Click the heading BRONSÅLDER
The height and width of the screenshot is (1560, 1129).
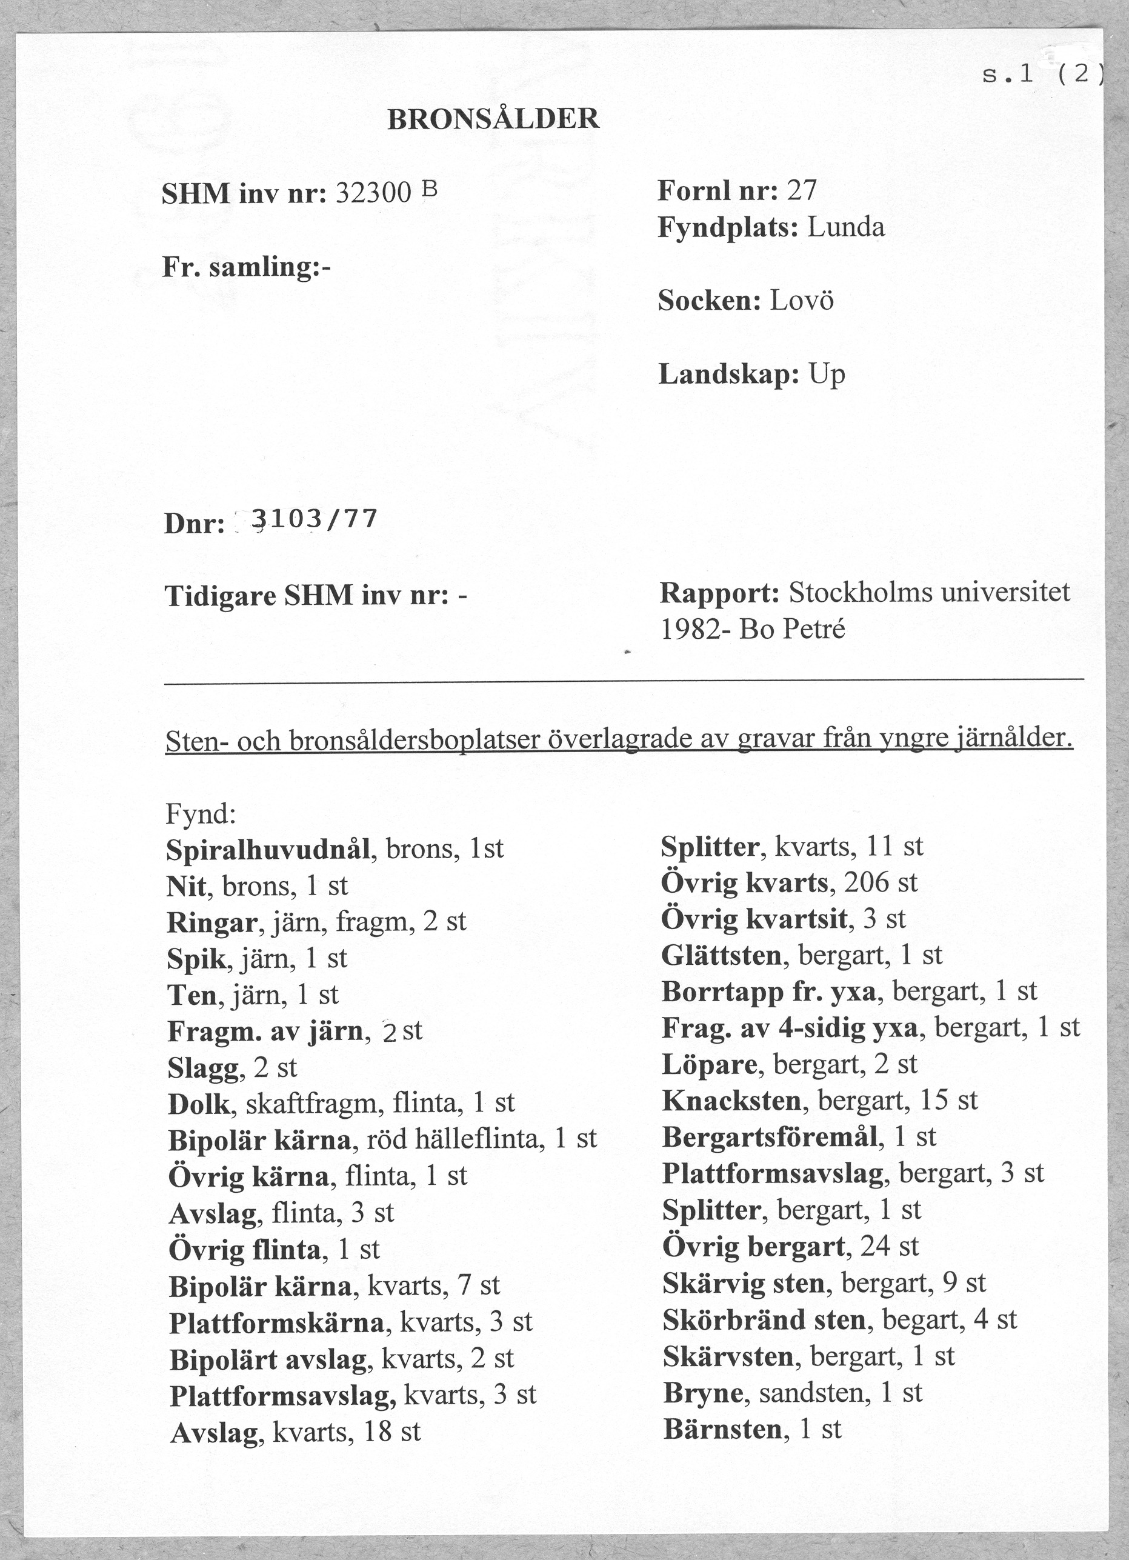(493, 119)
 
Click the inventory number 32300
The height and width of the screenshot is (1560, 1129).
(373, 194)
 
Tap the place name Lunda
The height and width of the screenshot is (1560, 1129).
(846, 228)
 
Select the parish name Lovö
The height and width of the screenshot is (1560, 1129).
(801, 301)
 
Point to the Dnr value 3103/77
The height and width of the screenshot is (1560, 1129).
(315, 520)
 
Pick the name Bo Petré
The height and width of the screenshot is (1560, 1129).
(792, 628)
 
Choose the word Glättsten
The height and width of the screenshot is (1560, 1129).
(721, 955)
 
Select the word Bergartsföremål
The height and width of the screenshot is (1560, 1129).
(770, 1137)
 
